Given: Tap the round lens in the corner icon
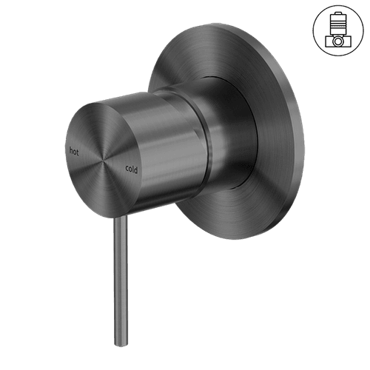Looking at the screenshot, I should click(337, 41).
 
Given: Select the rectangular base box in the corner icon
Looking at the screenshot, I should click(337, 41).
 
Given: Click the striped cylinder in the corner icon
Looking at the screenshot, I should click(337, 24).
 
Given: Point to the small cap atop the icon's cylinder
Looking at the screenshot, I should click(337, 16).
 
